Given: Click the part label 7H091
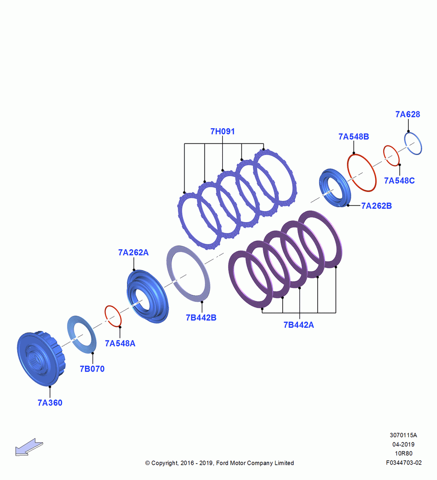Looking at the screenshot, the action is coord(222,132).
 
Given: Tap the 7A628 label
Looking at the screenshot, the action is coord(408,114).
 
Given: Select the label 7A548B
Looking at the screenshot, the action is coord(354,136).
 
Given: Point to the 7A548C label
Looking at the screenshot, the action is coord(400,180).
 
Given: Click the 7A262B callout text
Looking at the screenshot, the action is coord(377,206).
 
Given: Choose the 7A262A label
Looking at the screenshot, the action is coord(133,252).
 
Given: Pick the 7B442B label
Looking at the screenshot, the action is coord(201,318).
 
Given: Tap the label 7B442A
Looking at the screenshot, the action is coord(299,325).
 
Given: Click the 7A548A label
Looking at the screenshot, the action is coord(120,344).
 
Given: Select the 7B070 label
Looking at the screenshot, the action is coord(92,369).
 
